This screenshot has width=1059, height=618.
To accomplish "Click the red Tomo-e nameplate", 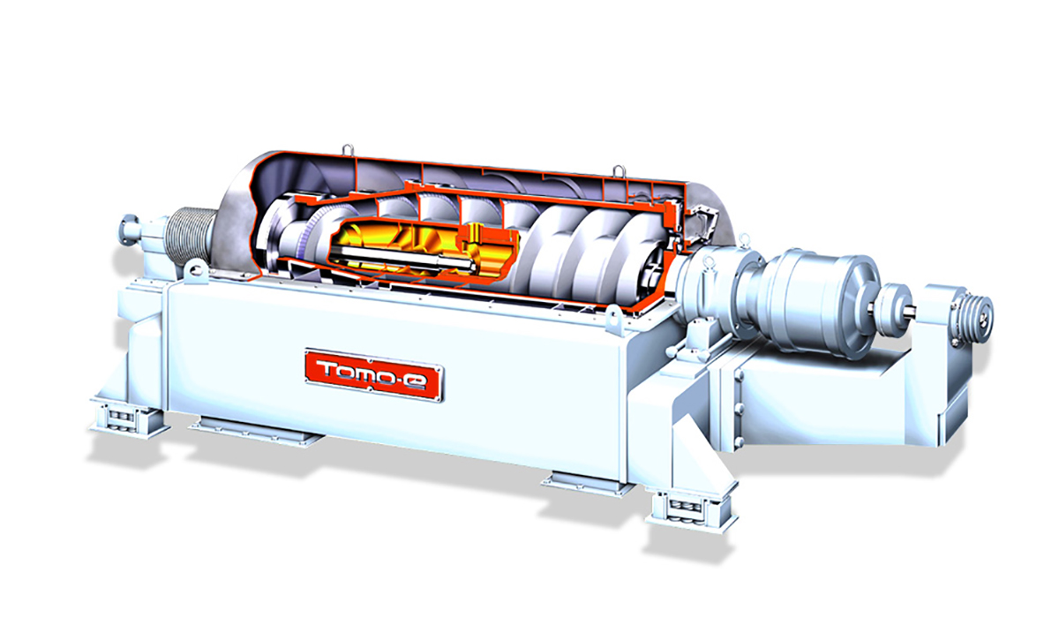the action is [x=373, y=375].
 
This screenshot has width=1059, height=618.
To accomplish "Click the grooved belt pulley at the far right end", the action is [x=975, y=314].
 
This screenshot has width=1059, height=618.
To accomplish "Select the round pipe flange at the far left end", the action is [x=128, y=230].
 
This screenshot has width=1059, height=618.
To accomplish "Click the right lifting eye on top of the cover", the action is [x=619, y=170].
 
